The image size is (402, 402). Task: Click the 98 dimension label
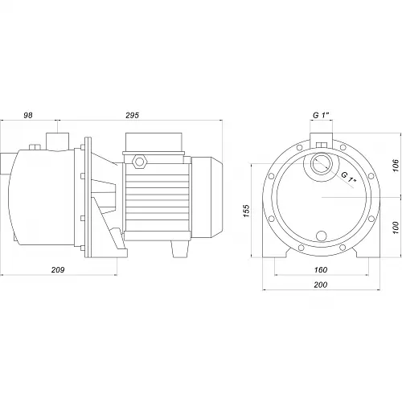point(28,115)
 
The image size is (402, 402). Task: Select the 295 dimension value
point(133,115)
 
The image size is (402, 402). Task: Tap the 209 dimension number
point(58,269)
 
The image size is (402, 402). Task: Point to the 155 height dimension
point(246,211)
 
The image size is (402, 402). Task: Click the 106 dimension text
point(396,166)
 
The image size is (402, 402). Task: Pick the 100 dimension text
point(396,228)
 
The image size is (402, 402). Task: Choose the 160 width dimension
point(321,269)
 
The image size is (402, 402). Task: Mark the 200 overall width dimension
point(321,285)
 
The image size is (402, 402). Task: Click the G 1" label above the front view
point(321,115)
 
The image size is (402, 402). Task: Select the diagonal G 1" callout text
point(348,178)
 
